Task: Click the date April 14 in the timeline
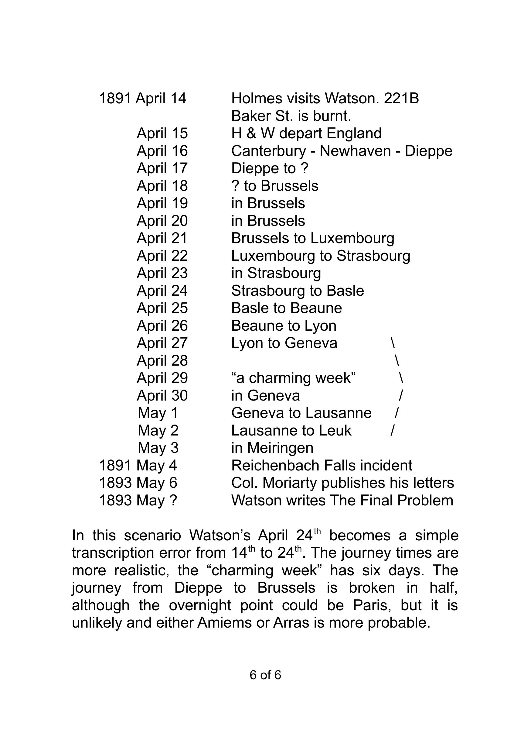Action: tap(161, 98)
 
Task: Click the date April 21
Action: tap(162, 238)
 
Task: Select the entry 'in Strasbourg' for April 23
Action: tap(276, 273)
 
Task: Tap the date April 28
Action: tap(162, 360)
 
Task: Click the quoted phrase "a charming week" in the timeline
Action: tap(294, 378)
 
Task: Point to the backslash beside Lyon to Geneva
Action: tap(393, 343)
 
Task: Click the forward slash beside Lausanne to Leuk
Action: tap(393, 431)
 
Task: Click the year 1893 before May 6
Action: tap(115, 483)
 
